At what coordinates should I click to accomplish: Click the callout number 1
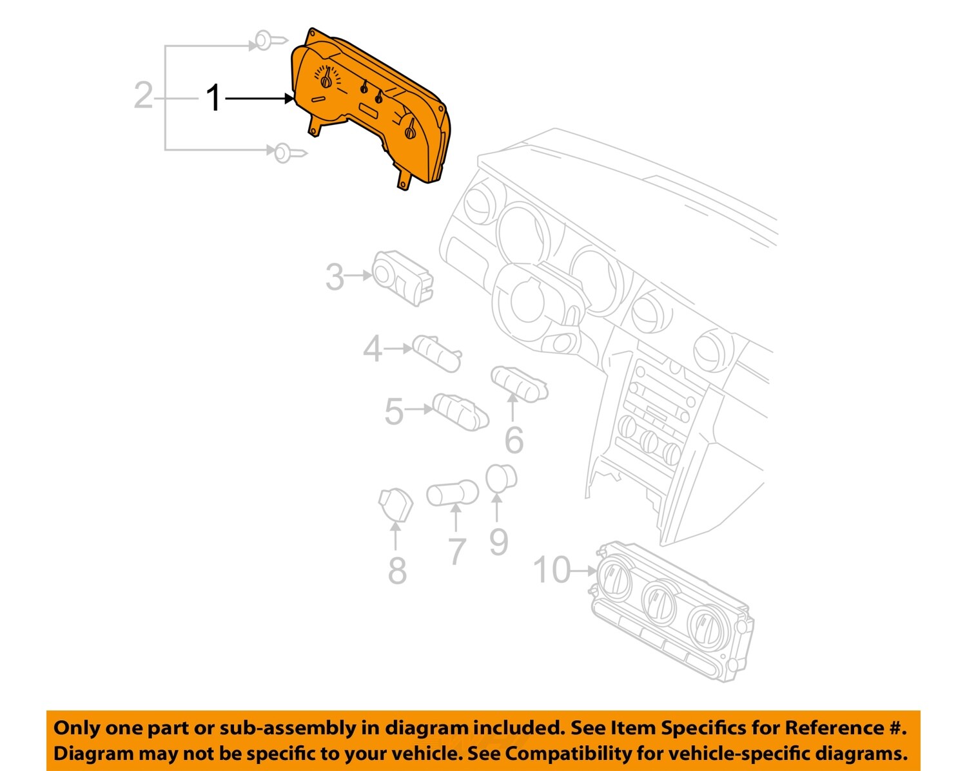[x=213, y=97]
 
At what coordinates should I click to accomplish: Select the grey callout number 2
[x=144, y=95]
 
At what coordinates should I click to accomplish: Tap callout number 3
[x=335, y=276]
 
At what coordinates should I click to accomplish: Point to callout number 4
[x=373, y=348]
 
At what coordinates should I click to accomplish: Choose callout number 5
[x=394, y=412]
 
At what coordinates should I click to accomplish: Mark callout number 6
[x=514, y=440]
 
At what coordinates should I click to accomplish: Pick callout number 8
[x=397, y=571]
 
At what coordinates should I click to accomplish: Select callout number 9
[x=498, y=542]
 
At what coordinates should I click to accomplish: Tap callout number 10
[x=552, y=570]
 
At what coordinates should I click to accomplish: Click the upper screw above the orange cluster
[x=270, y=41]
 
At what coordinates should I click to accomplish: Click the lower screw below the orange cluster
[x=290, y=153]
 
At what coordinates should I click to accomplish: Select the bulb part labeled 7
[x=453, y=492]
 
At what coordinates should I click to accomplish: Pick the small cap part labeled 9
[x=501, y=479]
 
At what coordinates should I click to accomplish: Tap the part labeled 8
[x=396, y=505]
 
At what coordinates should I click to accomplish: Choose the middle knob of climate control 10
[x=659, y=601]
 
